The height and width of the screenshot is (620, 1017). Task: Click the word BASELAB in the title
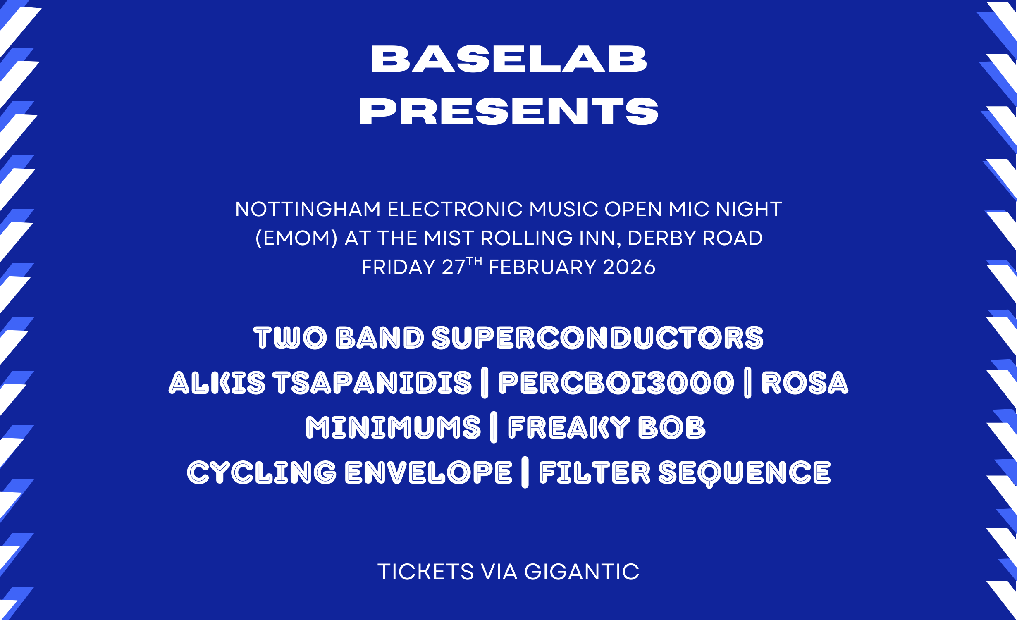[x=508, y=59]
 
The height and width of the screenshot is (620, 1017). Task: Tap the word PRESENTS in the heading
[x=509, y=111]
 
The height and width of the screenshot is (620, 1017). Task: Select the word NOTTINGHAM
[x=308, y=209]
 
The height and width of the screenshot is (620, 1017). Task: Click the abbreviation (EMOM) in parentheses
[x=296, y=238]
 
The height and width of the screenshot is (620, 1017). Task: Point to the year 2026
[x=629, y=267]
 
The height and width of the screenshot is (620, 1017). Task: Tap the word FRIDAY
[x=399, y=267]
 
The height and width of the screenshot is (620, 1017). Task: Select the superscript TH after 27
[x=474, y=261]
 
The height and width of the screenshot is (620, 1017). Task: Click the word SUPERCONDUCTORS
[x=598, y=338]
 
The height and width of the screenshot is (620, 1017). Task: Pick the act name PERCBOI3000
[x=616, y=383]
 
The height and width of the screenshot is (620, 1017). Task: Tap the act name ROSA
[x=805, y=383]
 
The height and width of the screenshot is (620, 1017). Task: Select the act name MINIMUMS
[x=394, y=427]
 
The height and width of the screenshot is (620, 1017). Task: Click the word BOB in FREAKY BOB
[x=672, y=427]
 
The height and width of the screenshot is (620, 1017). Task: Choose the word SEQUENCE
[x=745, y=474]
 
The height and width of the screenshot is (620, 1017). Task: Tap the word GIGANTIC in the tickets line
[x=582, y=572]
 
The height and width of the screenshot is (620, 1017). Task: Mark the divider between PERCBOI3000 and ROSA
[x=747, y=383]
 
